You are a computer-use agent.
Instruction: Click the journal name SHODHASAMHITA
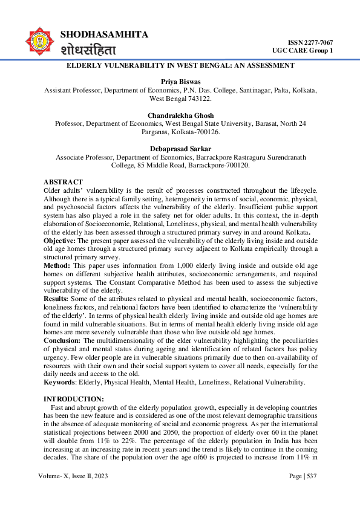(104, 34)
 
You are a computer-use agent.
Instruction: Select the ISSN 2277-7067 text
(310, 42)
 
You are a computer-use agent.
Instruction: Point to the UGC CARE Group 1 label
(302, 50)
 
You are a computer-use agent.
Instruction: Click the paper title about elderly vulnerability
(180, 65)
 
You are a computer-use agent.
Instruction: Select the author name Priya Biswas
(180, 81)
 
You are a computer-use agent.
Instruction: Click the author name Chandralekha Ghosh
(180, 115)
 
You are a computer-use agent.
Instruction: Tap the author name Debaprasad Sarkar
(180, 149)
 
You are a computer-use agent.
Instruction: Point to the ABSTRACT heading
(63, 182)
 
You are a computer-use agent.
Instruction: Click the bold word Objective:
(59, 239)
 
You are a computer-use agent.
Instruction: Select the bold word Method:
(56, 265)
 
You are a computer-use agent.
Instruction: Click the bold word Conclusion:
(62, 340)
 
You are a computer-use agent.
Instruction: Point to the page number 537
(310, 477)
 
